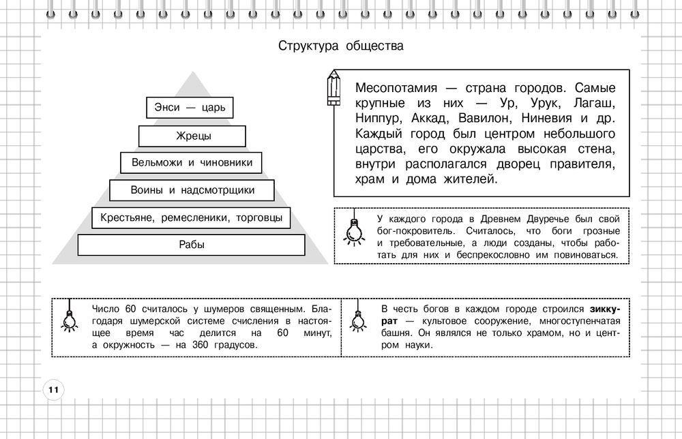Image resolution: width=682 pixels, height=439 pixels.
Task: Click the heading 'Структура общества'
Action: (341, 46)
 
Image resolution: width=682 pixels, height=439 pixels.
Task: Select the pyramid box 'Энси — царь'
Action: (190, 107)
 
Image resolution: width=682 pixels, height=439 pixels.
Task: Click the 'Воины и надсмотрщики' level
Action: (192, 190)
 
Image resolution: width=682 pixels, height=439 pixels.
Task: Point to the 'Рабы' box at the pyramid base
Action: (192, 245)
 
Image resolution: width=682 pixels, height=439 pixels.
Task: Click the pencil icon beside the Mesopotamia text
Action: (333, 88)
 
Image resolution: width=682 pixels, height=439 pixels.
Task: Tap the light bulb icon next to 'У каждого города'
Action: (353, 230)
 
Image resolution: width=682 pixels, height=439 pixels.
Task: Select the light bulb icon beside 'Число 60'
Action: (69, 318)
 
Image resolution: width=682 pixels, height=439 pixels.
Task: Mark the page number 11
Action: (53, 390)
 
